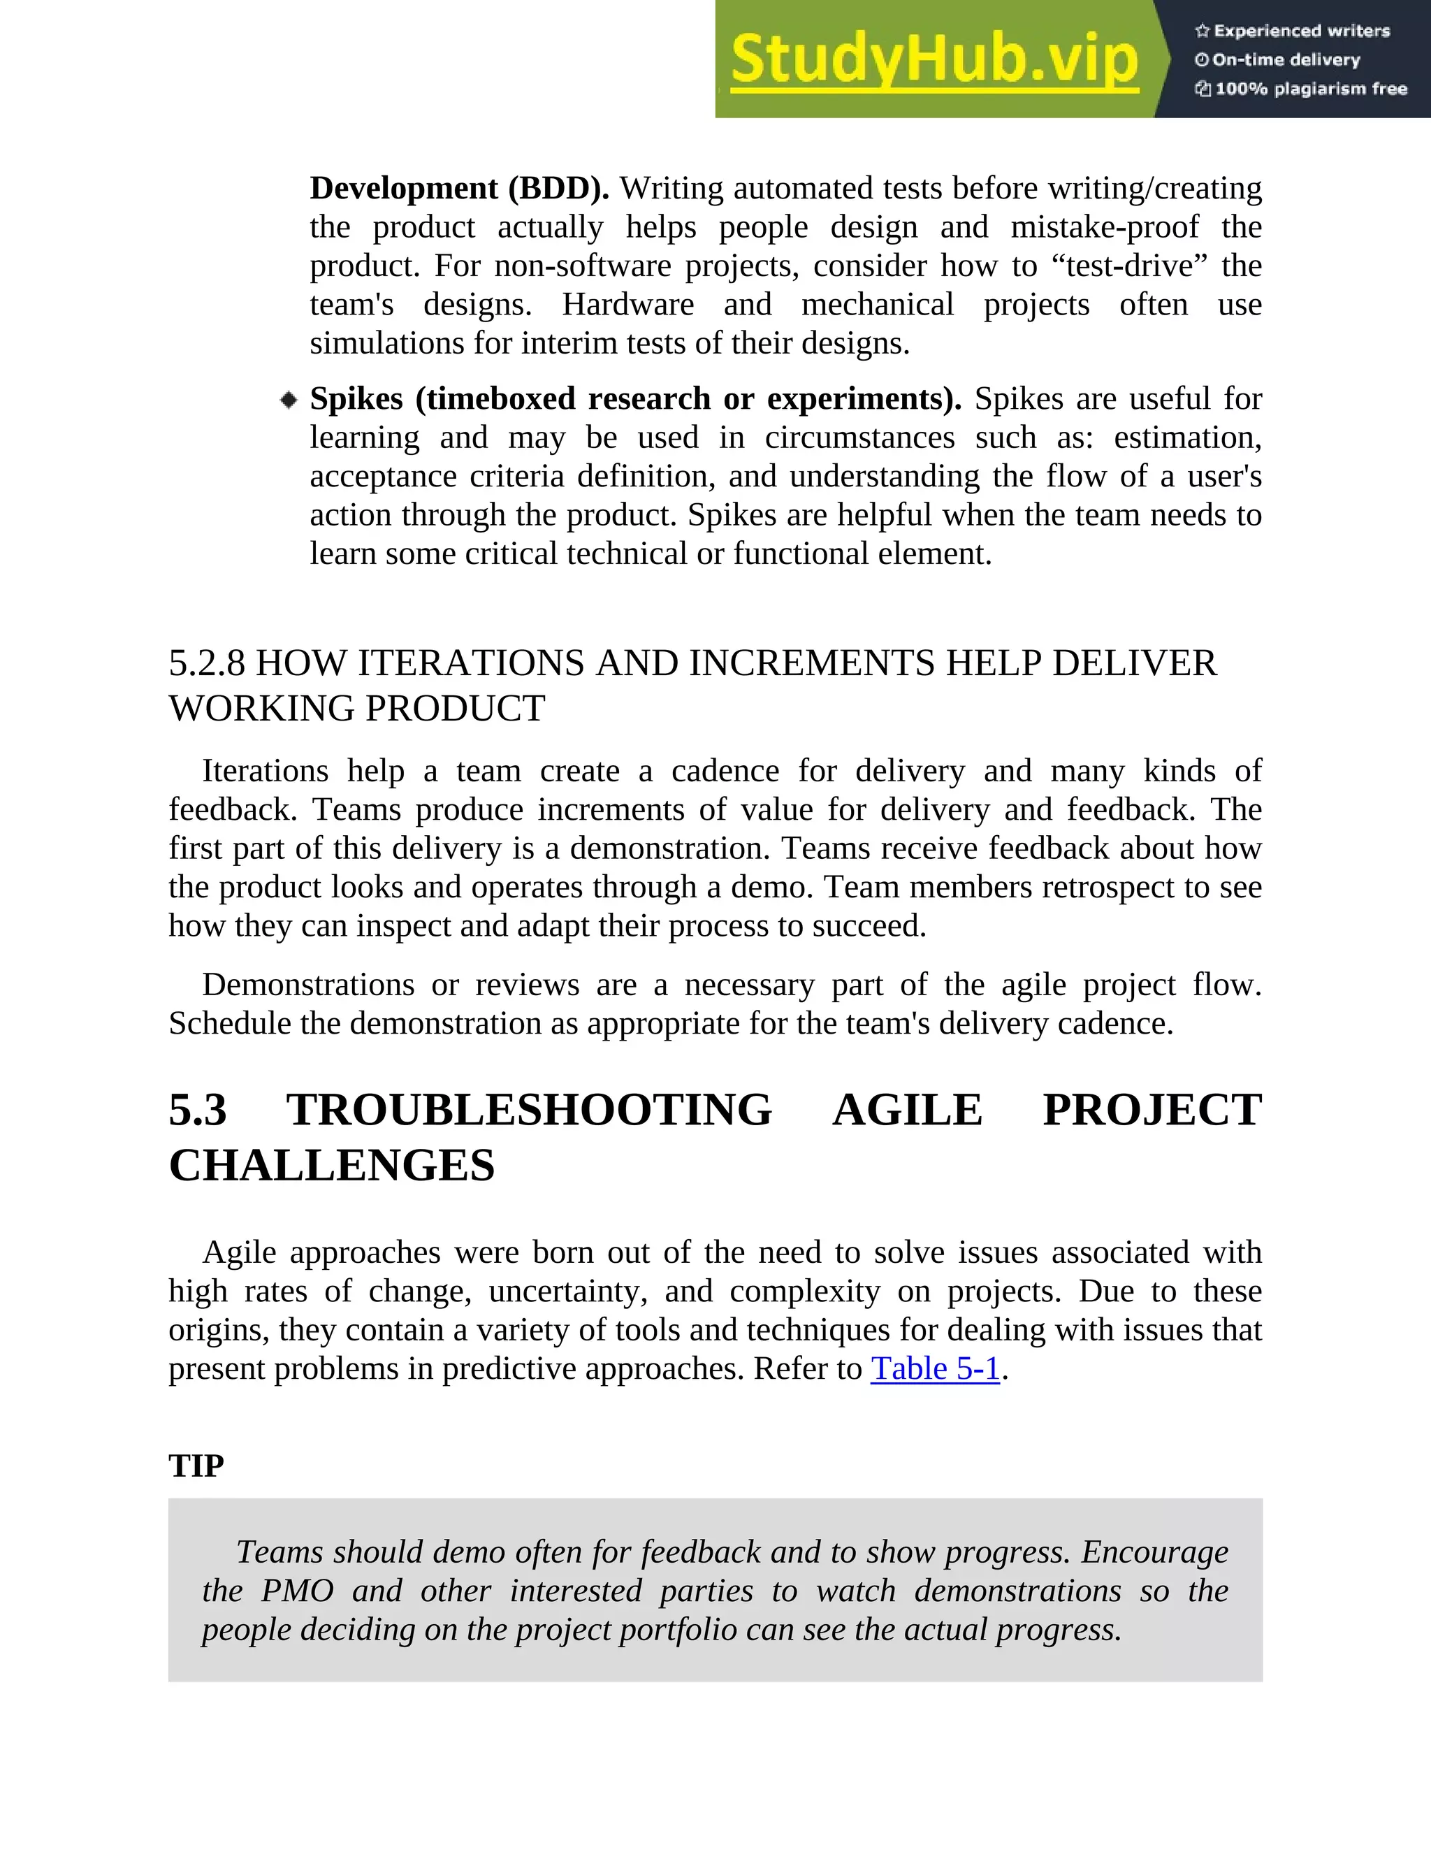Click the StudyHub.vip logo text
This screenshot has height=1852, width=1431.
[x=934, y=59]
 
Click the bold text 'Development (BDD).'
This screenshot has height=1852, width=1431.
[x=458, y=188]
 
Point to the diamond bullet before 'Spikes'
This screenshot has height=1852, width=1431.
[x=289, y=399]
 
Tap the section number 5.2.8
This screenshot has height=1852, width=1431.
[x=207, y=663]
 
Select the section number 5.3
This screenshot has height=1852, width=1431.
[x=198, y=1110]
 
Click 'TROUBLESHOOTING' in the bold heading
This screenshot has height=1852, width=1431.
[x=529, y=1110]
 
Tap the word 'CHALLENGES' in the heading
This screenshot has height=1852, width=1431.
[x=331, y=1165]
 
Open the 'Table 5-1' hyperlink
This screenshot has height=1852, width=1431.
[x=935, y=1368]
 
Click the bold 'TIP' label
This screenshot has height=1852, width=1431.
[x=196, y=1466]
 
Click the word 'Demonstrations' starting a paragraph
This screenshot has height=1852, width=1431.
[x=307, y=985]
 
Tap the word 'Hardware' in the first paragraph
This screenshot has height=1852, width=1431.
[x=627, y=305]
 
